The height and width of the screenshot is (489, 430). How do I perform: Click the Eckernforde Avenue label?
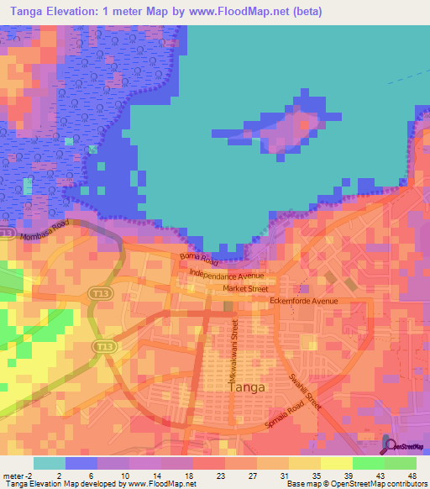[303, 301]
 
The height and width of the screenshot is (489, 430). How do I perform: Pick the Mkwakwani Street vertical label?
[236, 344]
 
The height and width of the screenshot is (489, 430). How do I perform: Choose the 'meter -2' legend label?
[18, 475]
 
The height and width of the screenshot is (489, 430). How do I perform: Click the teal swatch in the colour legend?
[50, 462]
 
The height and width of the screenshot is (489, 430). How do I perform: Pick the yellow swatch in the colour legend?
[336, 462]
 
